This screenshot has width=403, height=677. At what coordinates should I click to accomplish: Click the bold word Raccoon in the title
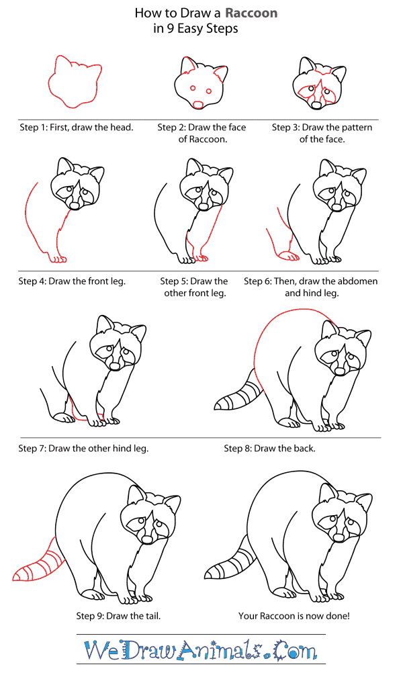[x=251, y=13]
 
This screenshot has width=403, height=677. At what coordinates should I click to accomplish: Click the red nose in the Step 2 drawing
[x=199, y=105]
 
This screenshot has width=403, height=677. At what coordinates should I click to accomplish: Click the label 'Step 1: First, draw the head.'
[x=77, y=128]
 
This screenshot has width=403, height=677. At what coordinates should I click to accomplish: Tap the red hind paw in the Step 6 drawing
[x=289, y=256]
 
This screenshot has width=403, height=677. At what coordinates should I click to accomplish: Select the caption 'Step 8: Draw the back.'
[x=269, y=449]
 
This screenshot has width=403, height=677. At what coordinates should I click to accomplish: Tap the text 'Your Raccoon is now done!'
[x=294, y=616]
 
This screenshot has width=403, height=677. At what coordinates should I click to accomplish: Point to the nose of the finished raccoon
[x=339, y=537]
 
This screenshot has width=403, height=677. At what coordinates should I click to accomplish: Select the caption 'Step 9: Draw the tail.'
[x=118, y=616]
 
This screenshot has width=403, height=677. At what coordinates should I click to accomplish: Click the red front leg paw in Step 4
[x=57, y=258]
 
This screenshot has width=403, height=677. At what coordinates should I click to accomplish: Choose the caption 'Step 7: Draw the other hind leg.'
[x=83, y=449]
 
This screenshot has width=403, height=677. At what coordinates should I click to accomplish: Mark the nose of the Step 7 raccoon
[x=115, y=366]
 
